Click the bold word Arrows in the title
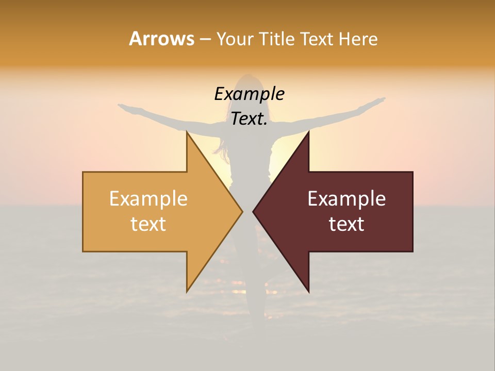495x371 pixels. point(161,39)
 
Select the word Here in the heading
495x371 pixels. point(357,39)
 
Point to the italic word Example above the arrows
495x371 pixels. point(250,94)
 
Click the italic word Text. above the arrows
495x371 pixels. point(250,119)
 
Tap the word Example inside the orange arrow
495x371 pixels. point(148,199)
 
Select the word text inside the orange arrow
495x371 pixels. point(148,224)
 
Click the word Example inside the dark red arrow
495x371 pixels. point(346,199)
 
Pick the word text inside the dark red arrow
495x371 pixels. point(346,224)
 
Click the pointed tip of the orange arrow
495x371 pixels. point(242,211)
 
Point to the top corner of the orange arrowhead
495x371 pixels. point(187,132)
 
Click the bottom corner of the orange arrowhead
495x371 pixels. point(187,291)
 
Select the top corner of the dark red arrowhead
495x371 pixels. point(308,132)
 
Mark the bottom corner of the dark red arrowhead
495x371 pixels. point(308,291)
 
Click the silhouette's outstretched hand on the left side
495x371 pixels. point(124,107)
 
